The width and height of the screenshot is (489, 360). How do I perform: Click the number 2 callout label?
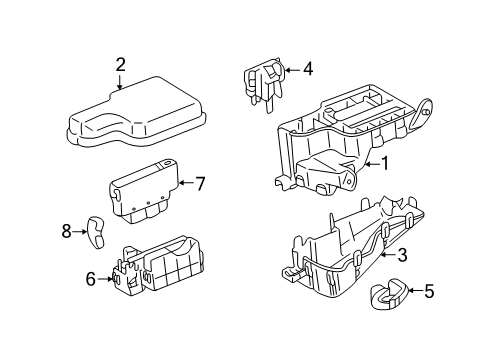tap(120, 66)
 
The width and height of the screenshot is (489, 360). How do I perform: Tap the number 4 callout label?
tap(308, 69)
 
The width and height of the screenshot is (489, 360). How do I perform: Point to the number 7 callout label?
tap(199, 183)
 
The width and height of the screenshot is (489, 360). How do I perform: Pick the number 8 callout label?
tap(66, 231)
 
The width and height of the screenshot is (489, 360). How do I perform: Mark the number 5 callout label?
tap(429, 292)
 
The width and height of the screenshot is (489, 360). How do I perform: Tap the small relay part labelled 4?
tap(261, 82)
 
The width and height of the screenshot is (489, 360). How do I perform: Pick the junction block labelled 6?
tap(160, 270)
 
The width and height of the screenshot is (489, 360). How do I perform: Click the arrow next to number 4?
tap(290, 69)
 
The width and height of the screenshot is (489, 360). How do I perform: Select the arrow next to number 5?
tap(412, 292)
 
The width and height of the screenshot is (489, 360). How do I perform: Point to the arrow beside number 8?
tap(80, 231)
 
